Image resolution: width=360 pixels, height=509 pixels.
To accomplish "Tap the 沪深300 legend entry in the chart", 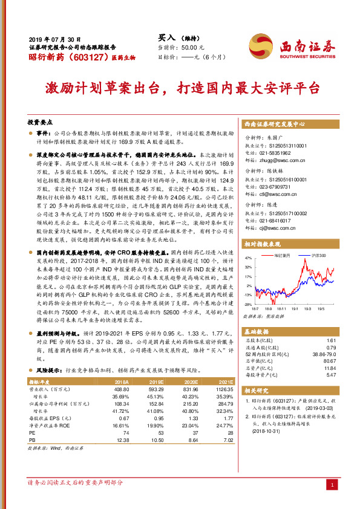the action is click(319, 256).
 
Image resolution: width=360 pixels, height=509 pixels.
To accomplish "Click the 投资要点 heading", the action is click(42, 121).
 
